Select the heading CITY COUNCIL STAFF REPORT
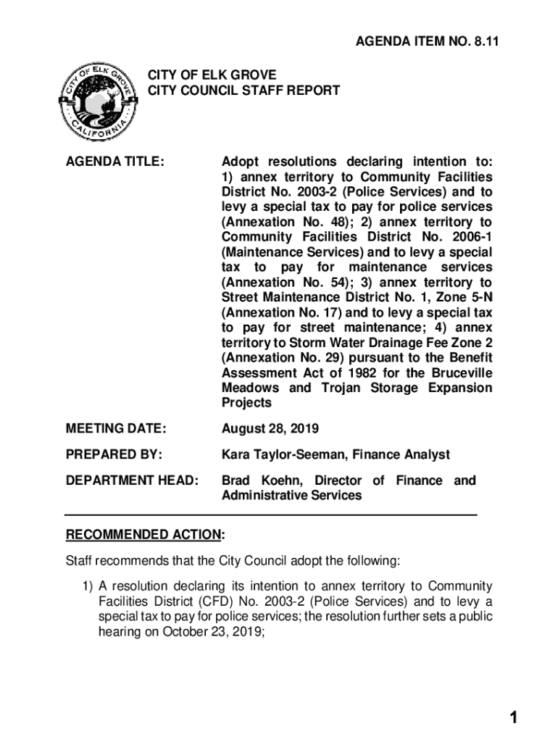pos(244,91)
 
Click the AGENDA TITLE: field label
pos(115,162)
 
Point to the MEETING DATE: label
pos(116,430)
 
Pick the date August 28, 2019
pos(270,430)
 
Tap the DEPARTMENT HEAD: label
pos(132,480)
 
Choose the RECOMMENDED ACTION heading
pos(143,535)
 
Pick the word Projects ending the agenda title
pos(246,403)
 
